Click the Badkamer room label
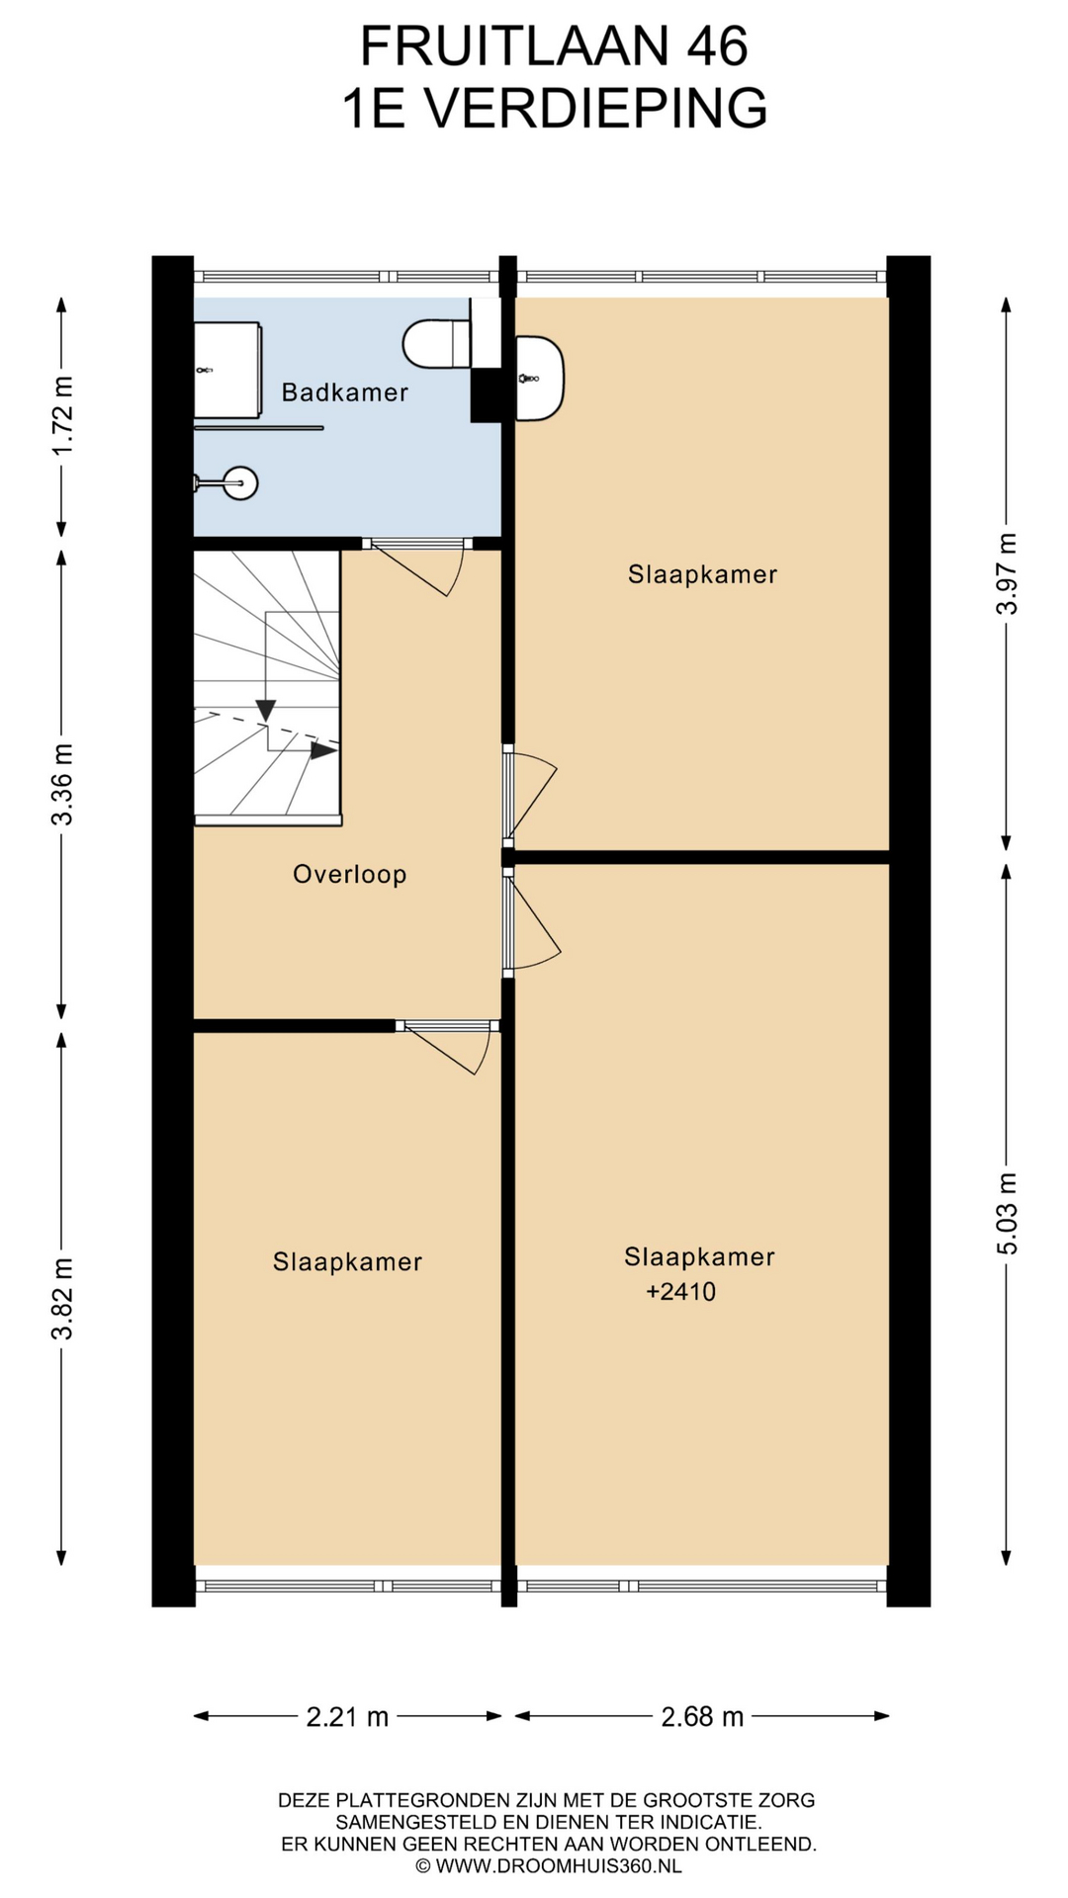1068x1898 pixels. tap(344, 392)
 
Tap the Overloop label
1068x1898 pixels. tap(350, 874)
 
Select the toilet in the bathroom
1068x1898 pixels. tap(437, 343)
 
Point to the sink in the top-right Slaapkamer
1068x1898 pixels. tap(540, 378)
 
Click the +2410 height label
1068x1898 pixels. tap(680, 1291)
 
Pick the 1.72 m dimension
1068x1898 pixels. tap(62, 416)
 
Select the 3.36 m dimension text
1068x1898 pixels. tap(62, 784)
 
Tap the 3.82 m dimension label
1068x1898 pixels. tap(62, 1298)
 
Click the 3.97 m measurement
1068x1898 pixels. tap(1007, 573)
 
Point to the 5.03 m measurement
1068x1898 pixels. tap(1007, 1213)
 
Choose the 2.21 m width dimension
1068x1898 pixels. tap(347, 1716)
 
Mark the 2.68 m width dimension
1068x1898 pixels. tap(702, 1716)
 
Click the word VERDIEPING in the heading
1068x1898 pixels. tap(596, 108)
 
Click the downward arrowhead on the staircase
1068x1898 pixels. tap(265, 710)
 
